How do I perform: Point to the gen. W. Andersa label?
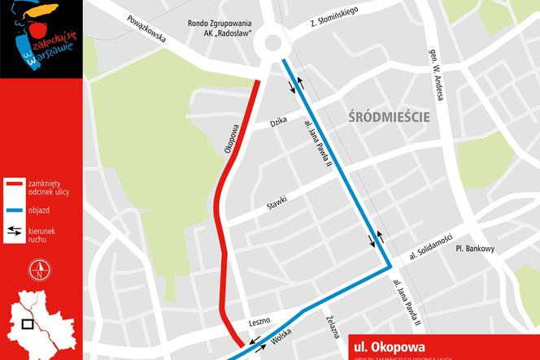[436, 75]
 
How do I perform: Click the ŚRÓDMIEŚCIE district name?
[388, 116]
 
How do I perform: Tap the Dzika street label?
[281, 123]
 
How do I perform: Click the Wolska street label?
[281, 336]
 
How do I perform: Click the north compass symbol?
[36, 271]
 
